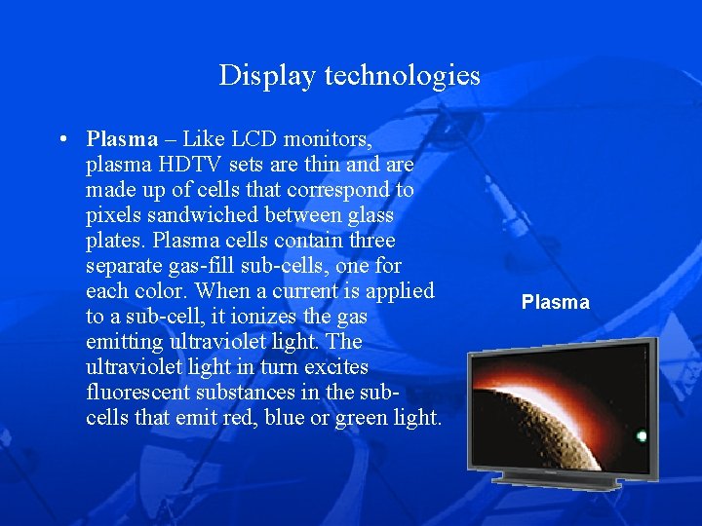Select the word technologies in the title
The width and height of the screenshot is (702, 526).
403,75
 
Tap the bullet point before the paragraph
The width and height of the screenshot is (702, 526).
62,139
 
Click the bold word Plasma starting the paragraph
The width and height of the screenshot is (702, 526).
122,139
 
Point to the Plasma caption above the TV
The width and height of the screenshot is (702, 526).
555,302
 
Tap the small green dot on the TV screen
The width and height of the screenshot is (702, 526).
642,436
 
